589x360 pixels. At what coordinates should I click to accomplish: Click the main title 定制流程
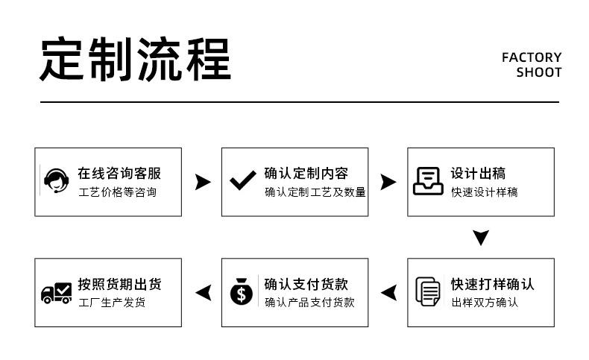coord(135,59)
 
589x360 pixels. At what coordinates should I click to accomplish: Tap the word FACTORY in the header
coord(532,57)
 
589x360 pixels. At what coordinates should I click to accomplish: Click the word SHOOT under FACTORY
coord(538,72)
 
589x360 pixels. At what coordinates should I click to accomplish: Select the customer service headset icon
coord(57,180)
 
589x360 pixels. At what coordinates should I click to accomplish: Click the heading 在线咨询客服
coord(119,173)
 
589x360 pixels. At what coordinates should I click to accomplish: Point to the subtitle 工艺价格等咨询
coord(118,192)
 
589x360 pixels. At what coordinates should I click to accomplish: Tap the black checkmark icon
coord(242,180)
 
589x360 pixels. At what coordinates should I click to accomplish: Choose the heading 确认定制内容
coord(306,173)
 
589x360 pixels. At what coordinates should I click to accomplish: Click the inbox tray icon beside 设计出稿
coord(428,181)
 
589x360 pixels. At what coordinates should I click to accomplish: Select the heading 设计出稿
coord(478,173)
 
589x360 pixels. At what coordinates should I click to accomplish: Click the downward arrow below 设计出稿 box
coord(481,238)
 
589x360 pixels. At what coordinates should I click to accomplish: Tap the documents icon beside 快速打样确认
coord(428,291)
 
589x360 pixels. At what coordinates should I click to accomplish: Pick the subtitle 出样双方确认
coord(485,302)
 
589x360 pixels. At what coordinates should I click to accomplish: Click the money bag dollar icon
coord(242,291)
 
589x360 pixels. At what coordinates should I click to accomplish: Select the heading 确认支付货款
coord(306,284)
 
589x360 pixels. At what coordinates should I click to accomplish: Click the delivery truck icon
coord(57,293)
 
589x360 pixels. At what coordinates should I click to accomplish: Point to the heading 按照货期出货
coord(119,284)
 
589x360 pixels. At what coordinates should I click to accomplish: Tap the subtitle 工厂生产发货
coord(112,302)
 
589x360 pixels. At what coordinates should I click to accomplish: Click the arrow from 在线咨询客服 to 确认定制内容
coord(203,182)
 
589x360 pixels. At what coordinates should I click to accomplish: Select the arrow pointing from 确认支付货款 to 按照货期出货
coord(204,293)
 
